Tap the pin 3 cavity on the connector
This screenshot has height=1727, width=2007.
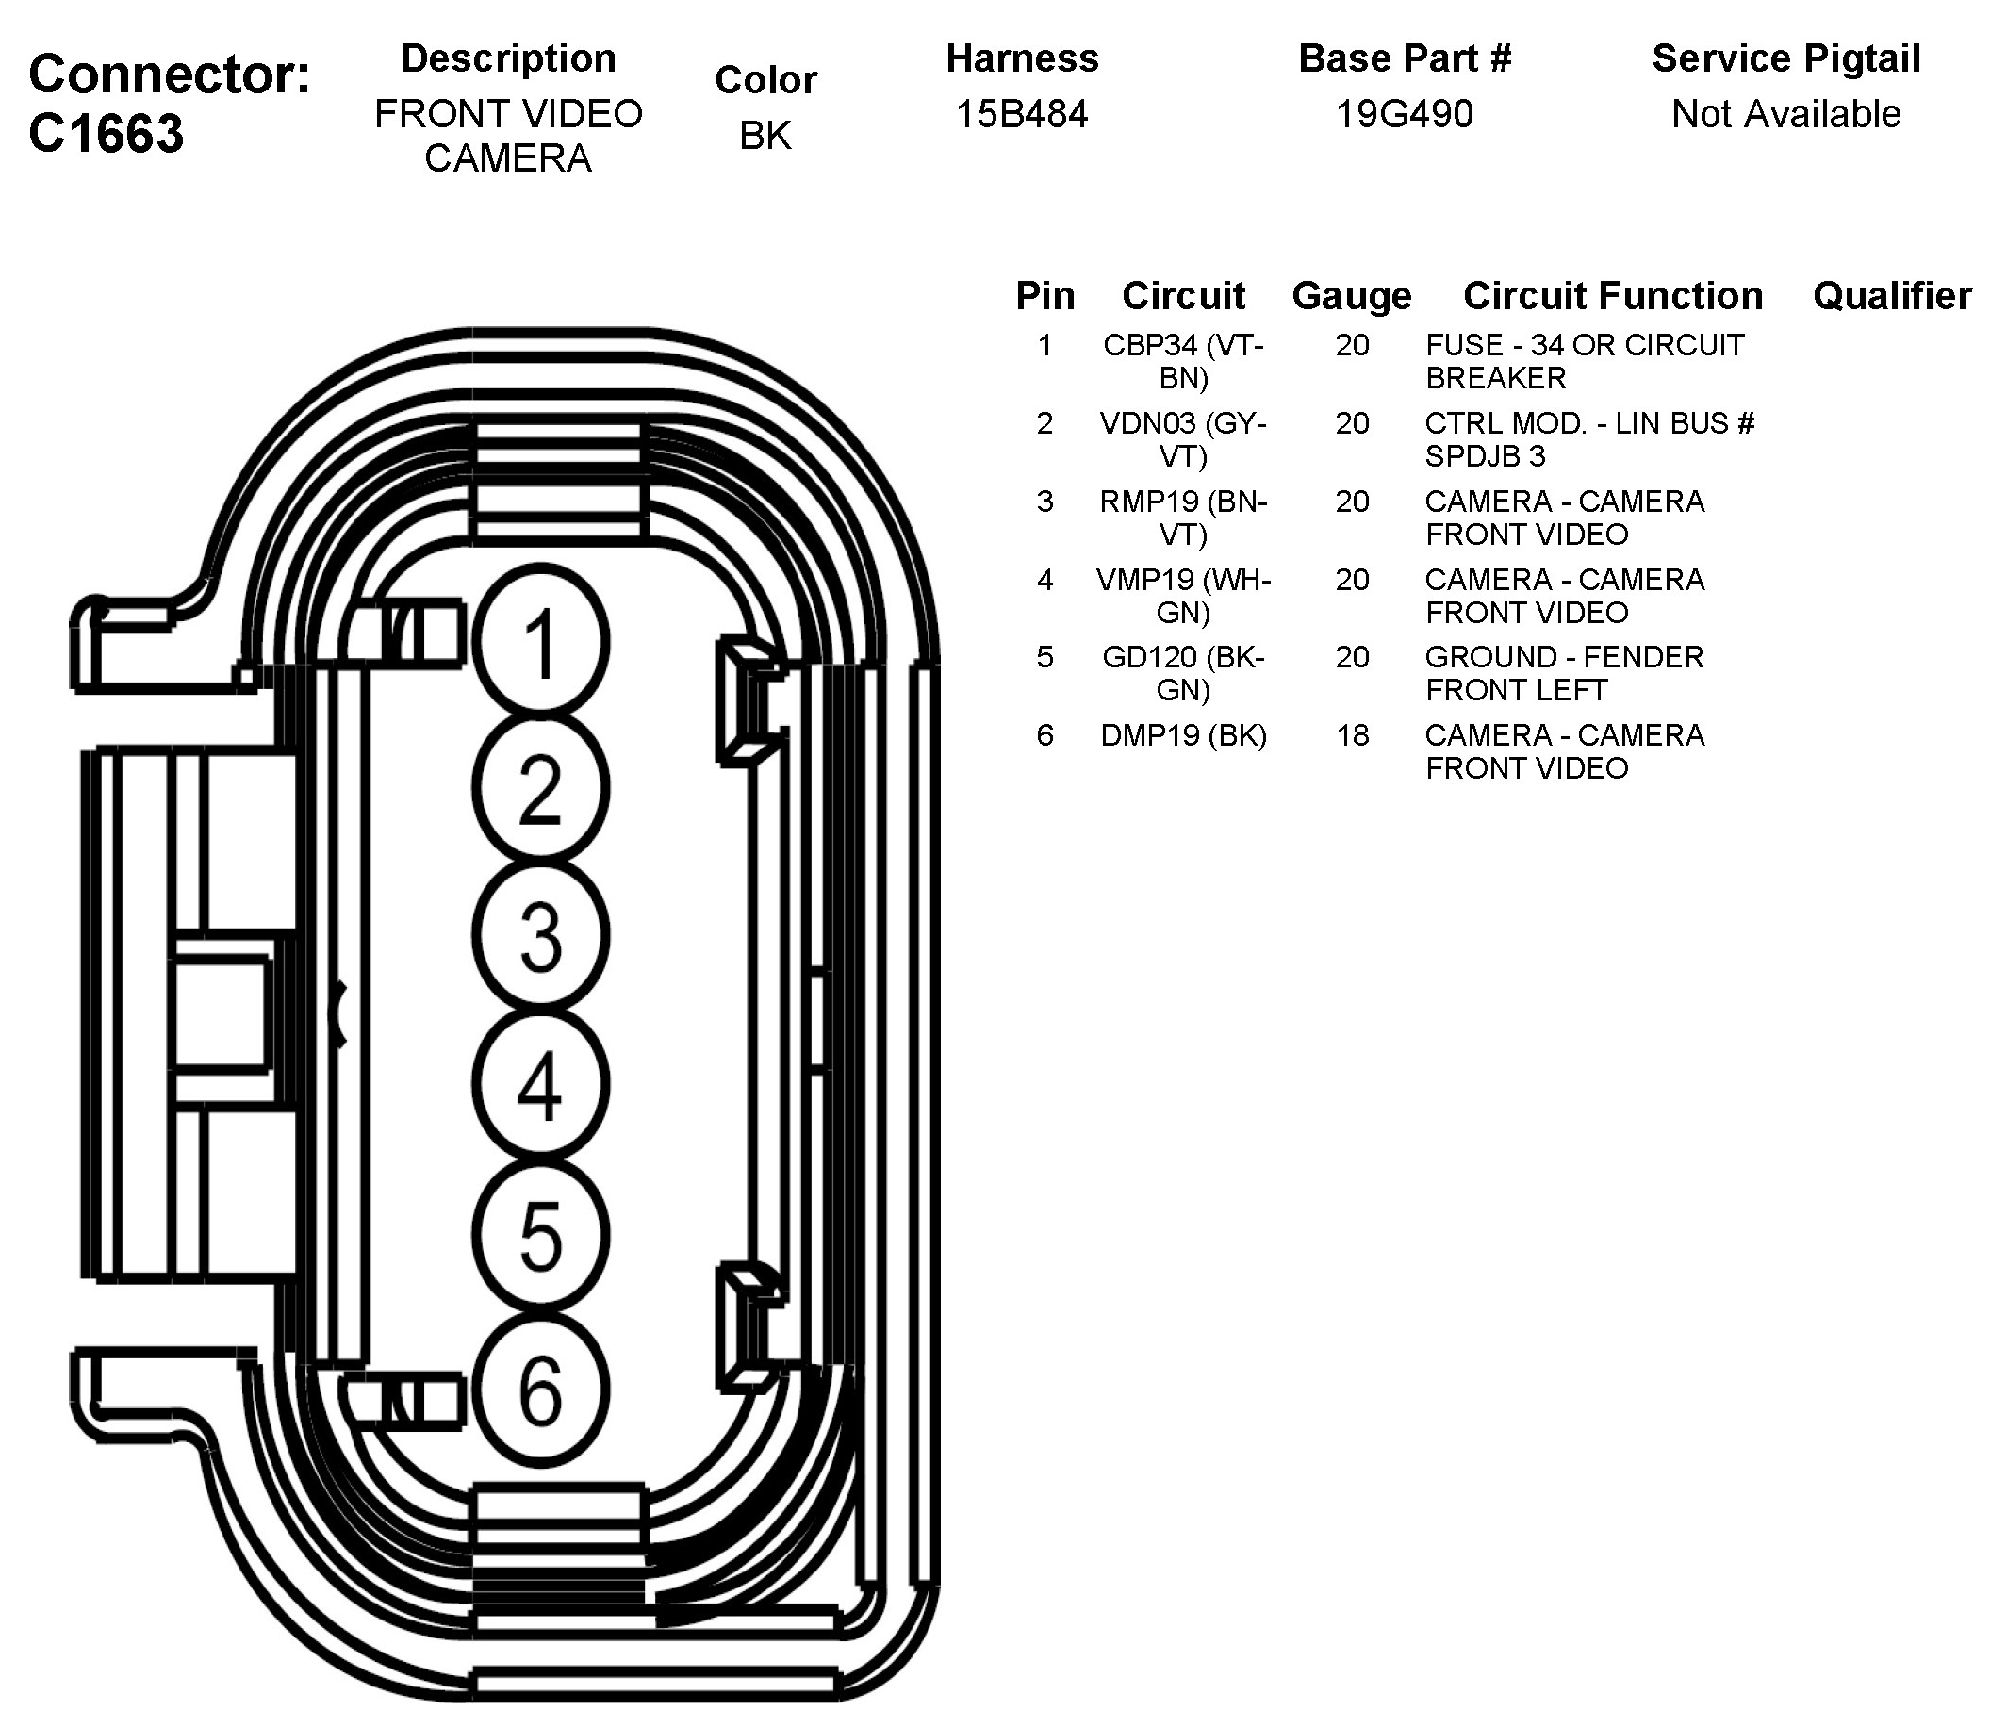point(540,936)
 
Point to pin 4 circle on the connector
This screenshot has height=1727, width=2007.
point(540,1085)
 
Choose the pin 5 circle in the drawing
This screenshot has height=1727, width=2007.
point(540,1234)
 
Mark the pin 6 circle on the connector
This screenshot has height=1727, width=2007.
point(540,1389)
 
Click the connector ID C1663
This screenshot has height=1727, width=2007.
point(107,133)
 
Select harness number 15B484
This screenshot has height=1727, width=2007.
point(1022,114)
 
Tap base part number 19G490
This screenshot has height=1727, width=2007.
point(1404,114)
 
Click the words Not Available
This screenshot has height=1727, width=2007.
point(1785,114)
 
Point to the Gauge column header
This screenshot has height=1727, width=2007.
point(1351,296)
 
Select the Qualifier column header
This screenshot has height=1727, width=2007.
point(1891,296)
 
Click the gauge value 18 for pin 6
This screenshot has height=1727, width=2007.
point(1352,735)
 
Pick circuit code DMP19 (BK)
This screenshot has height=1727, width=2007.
point(1183,735)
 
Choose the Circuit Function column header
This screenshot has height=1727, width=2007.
point(1613,296)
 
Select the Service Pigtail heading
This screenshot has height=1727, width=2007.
point(1785,59)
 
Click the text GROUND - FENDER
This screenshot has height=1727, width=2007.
point(1563,657)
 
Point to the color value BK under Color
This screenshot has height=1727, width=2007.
point(765,136)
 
